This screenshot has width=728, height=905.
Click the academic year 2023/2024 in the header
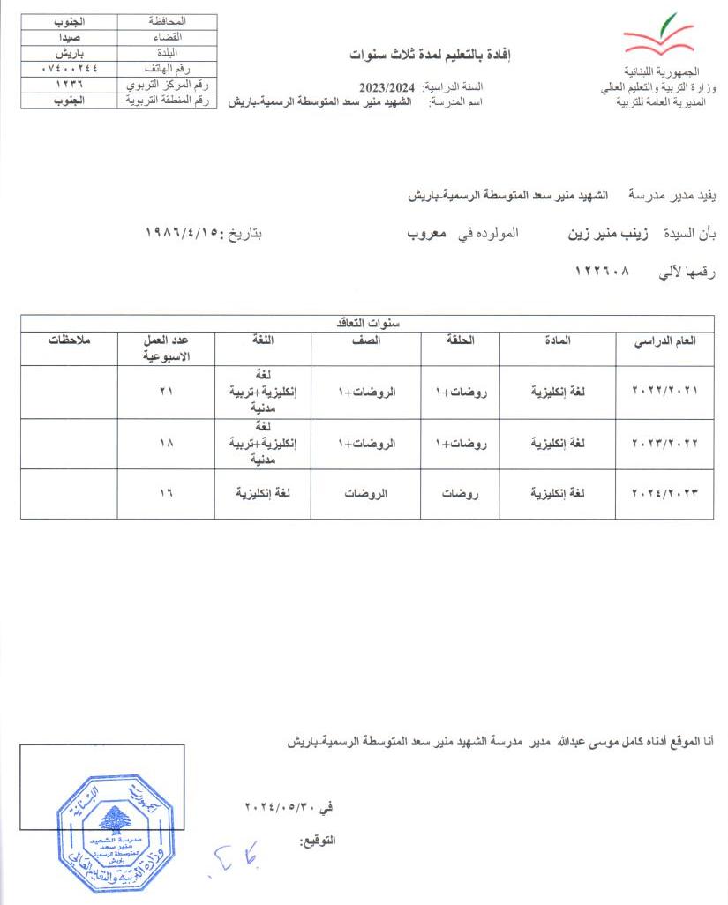pyautogui.click(x=387, y=86)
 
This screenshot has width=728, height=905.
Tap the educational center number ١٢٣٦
pyautogui.click(x=70, y=84)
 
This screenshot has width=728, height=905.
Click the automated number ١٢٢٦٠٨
pyautogui.click(x=595, y=273)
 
